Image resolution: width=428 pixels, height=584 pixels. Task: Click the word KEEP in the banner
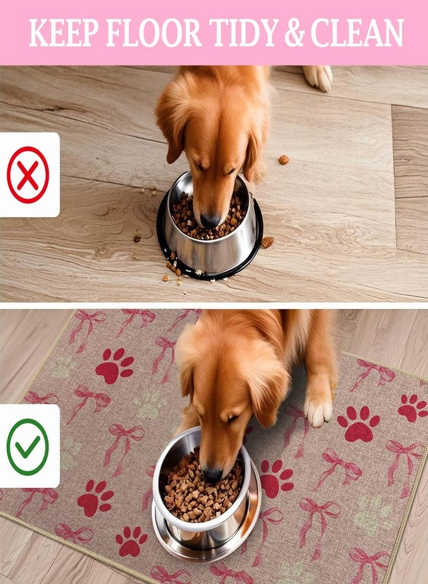[x=64, y=33]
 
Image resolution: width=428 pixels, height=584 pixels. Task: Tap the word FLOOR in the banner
[x=154, y=33]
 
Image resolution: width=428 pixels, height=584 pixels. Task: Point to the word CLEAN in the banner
[x=357, y=33]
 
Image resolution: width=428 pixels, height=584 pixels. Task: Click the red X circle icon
[x=28, y=175]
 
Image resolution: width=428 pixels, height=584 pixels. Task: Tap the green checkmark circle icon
[x=28, y=446]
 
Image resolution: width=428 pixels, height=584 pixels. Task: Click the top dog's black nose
[x=210, y=221]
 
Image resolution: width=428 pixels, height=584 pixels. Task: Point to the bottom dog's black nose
[x=213, y=475]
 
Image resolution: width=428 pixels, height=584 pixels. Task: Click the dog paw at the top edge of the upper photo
[x=318, y=77]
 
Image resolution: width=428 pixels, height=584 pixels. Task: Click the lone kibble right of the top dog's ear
[x=284, y=160]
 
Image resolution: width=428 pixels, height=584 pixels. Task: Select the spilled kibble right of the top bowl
[x=267, y=242]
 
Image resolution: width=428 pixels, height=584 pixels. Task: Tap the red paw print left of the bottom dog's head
[x=115, y=366]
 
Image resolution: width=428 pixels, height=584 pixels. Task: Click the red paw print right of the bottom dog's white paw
[x=359, y=424]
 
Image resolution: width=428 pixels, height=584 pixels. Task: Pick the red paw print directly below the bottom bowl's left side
[x=132, y=541]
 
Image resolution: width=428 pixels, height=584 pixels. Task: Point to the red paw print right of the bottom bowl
[x=276, y=479]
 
